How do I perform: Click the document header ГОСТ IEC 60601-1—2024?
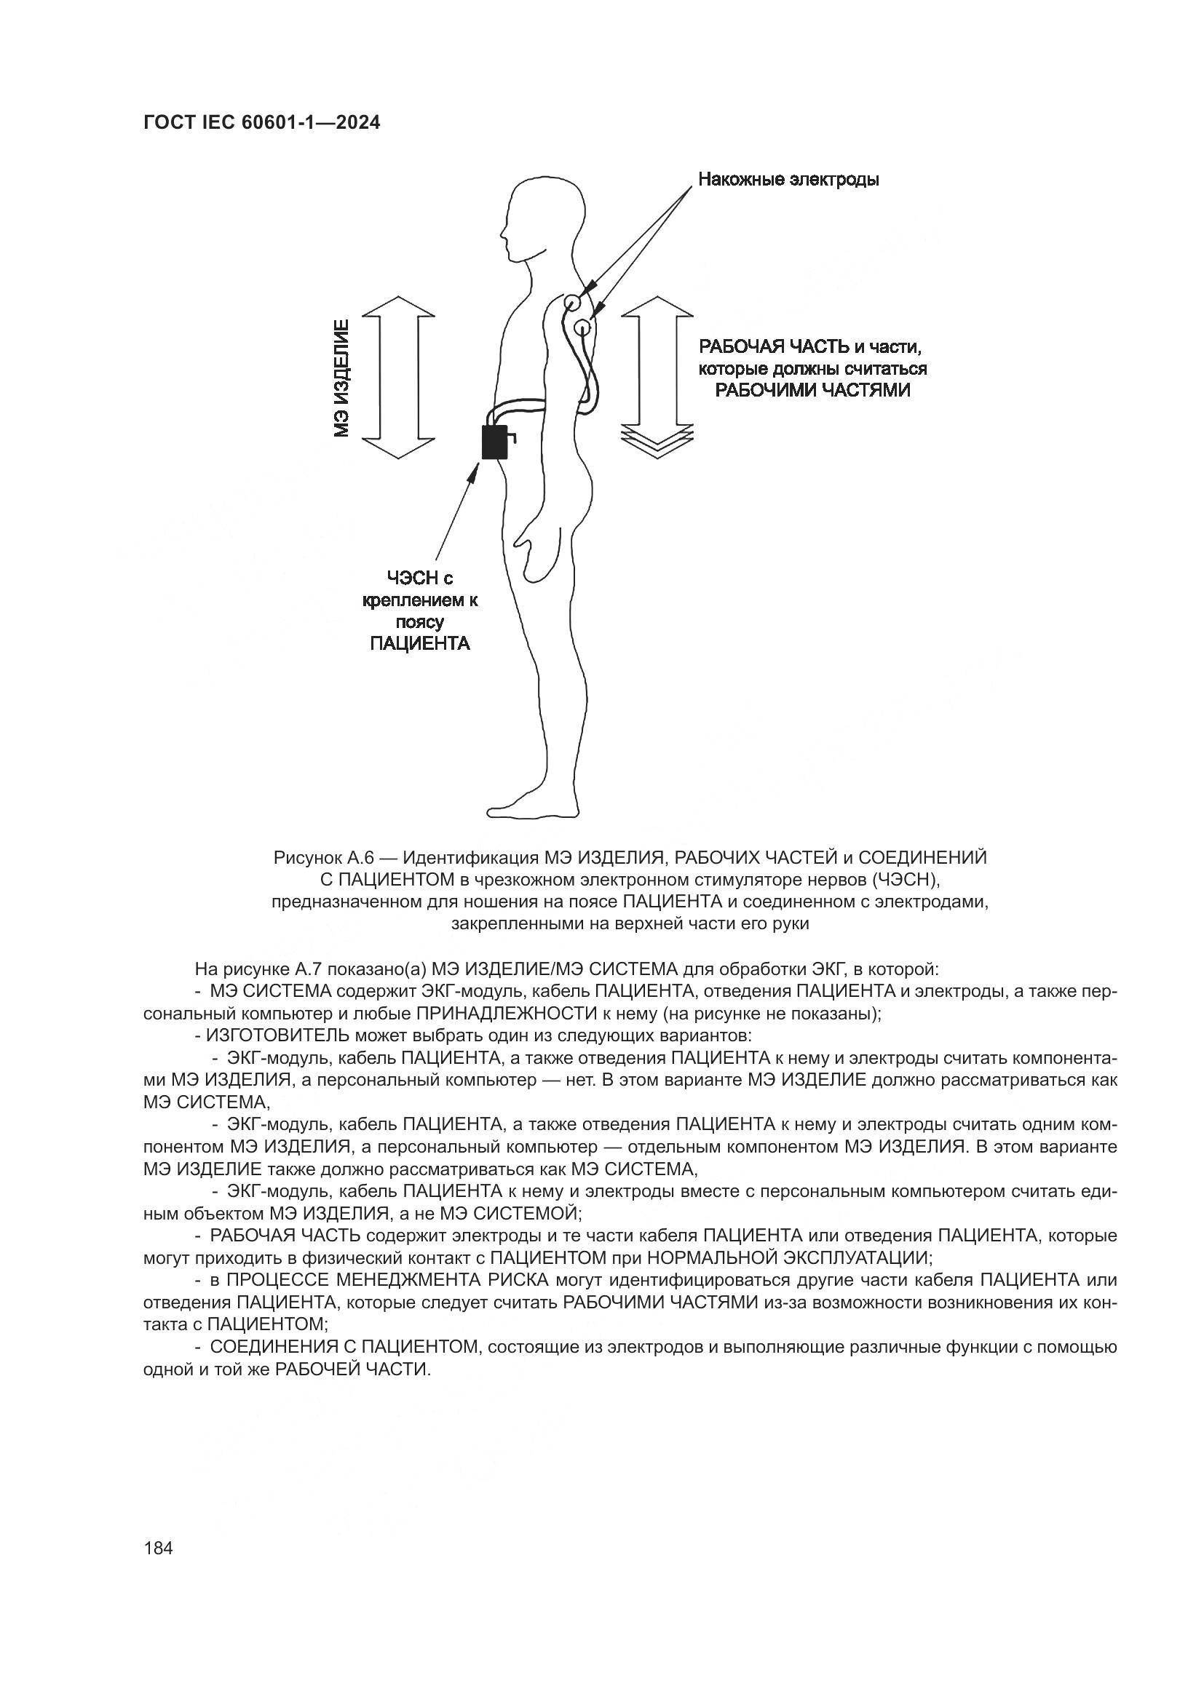pyautogui.click(x=262, y=123)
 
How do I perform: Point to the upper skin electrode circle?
pyautogui.click(x=571, y=303)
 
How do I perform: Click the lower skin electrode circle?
pyautogui.click(x=583, y=325)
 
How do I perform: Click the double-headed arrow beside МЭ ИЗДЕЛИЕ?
pyautogui.click(x=398, y=378)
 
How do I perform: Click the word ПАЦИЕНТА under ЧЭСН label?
pyautogui.click(x=419, y=643)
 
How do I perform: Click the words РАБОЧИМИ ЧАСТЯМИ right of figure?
pyautogui.click(x=812, y=390)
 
